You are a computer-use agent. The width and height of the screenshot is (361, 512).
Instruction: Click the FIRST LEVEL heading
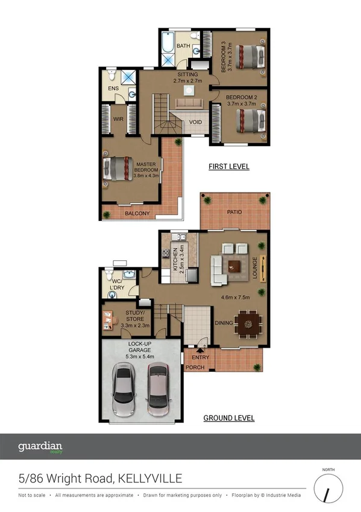(x=228, y=167)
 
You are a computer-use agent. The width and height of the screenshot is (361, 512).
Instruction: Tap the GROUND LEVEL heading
(x=228, y=418)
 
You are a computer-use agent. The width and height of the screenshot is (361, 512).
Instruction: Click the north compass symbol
(x=327, y=492)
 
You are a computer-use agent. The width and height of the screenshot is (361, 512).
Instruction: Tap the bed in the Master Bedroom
(x=118, y=168)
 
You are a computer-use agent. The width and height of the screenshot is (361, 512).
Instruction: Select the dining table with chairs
(x=246, y=324)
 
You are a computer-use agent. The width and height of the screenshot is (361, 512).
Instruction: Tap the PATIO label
(x=234, y=213)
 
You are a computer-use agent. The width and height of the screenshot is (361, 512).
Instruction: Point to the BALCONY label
(x=137, y=214)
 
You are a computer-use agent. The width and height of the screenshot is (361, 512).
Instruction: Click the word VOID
(x=195, y=123)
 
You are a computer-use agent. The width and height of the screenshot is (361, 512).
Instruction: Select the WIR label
(x=119, y=120)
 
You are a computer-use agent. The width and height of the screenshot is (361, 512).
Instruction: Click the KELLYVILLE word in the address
(x=148, y=479)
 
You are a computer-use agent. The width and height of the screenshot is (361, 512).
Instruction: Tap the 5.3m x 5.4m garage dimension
(x=140, y=357)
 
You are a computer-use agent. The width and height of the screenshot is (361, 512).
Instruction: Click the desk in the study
(x=107, y=320)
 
